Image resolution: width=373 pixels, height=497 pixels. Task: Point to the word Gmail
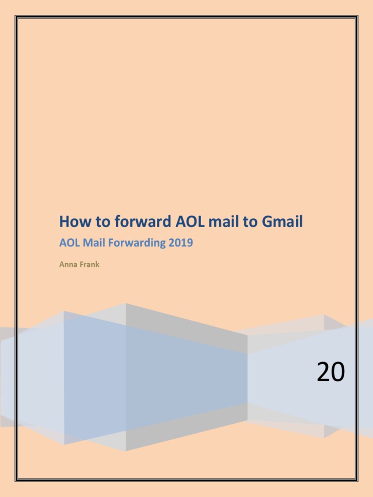coord(282,222)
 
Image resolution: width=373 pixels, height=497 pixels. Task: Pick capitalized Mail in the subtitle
coord(90,243)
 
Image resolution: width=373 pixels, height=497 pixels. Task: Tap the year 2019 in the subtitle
coord(181,243)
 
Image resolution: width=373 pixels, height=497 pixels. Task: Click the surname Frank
coord(89,265)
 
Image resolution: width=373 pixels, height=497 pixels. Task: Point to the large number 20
coord(331,373)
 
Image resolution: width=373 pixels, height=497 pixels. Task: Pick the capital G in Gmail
coord(268,222)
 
